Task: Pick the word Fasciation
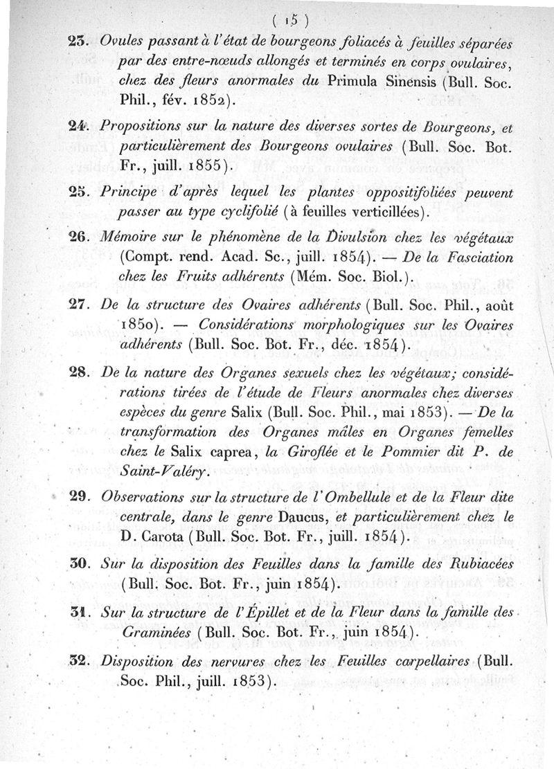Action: pos(474,257)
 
